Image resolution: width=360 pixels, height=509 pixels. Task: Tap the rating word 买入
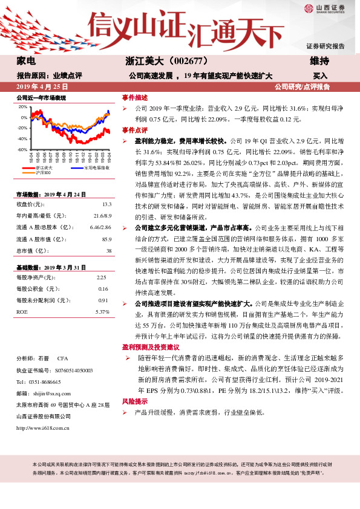(320, 76)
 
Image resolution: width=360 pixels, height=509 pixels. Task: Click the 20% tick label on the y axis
(23, 106)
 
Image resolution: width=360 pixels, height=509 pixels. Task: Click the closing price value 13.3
(107, 205)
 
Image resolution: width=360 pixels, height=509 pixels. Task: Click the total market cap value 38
(109, 250)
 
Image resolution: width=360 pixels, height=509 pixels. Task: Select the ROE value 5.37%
(102, 311)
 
